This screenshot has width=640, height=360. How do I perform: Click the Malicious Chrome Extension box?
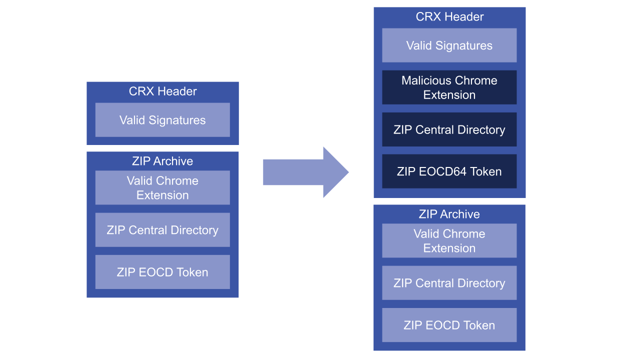pos(449,87)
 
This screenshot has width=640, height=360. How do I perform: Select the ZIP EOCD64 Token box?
pos(449,171)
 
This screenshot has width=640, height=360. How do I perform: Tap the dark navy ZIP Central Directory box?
pos(449,129)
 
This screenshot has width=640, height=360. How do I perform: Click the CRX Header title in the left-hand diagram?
pos(162,91)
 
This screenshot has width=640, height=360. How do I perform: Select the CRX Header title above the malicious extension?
pos(449,17)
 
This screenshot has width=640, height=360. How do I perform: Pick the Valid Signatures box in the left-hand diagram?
pos(162,120)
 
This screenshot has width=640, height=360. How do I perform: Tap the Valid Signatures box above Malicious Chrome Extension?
pos(449,45)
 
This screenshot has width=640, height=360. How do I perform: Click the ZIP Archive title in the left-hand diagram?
pos(162,161)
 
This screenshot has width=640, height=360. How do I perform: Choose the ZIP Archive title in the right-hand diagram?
pos(449,214)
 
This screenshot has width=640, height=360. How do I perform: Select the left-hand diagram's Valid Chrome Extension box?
pos(162,188)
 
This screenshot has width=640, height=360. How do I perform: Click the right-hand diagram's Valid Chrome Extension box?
pos(449,240)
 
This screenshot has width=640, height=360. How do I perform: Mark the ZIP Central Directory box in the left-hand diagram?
pos(162,230)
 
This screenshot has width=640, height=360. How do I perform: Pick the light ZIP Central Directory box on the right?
pos(449,283)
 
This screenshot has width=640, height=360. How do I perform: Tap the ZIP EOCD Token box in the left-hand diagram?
pos(162,272)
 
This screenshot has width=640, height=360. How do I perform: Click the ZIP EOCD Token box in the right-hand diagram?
pos(449,325)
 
